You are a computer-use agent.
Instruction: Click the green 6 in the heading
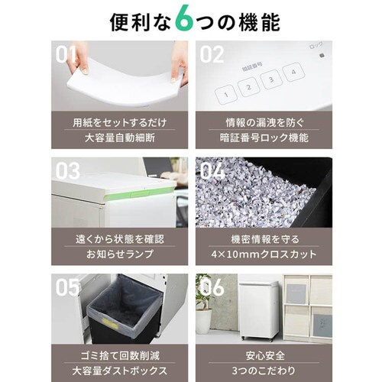pyautogui.click(x=185, y=20)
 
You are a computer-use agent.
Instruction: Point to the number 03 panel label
pyautogui.click(x=67, y=170)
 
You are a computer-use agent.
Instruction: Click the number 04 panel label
pyautogui.click(x=212, y=170)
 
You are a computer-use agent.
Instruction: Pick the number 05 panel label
pyautogui.click(x=67, y=287)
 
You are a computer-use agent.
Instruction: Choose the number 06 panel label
pyautogui.click(x=212, y=287)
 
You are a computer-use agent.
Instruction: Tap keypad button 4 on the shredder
pyautogui.click(x=293, y=72)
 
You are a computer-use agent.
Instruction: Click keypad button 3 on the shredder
pyautogui.click(x=271, y=79)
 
